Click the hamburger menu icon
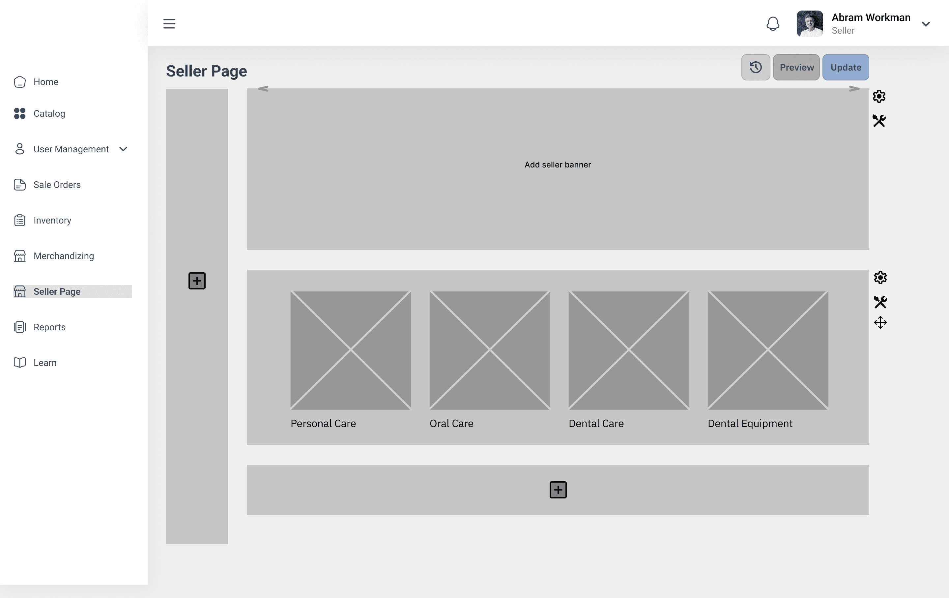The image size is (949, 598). pos(169,24)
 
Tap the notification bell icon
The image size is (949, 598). pos(773,24)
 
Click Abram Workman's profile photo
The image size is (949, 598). pos(810,24)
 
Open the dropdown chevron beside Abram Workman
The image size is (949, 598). pos(926,24)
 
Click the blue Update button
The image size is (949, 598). pos(846,67)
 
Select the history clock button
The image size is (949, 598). pos(756,67)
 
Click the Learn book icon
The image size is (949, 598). pos(20,363)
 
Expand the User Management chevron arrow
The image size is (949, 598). pos(123,149)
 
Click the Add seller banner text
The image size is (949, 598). pos(558,165)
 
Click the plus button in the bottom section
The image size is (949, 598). pos(558,490)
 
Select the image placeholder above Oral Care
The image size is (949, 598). pos(490,350)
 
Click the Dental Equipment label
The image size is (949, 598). pos(750,423)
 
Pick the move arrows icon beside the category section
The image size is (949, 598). pos(880,322)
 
